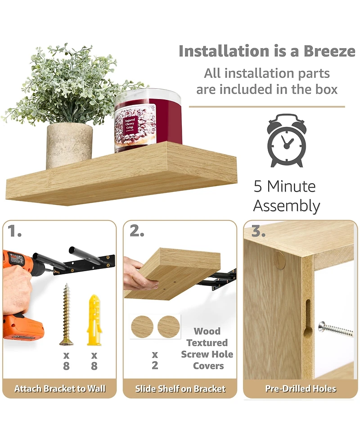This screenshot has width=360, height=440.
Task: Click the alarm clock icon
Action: (287, 141)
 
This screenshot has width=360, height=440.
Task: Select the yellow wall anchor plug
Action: (94, 319)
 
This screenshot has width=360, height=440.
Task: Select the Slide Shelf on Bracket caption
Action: (180, 389)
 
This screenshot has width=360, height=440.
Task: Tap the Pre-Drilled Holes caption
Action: (301, 389)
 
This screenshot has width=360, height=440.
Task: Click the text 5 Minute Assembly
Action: (286, 196)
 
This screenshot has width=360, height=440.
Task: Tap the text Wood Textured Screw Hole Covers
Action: (207, 348)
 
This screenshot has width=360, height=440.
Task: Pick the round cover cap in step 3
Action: (280, 260)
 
